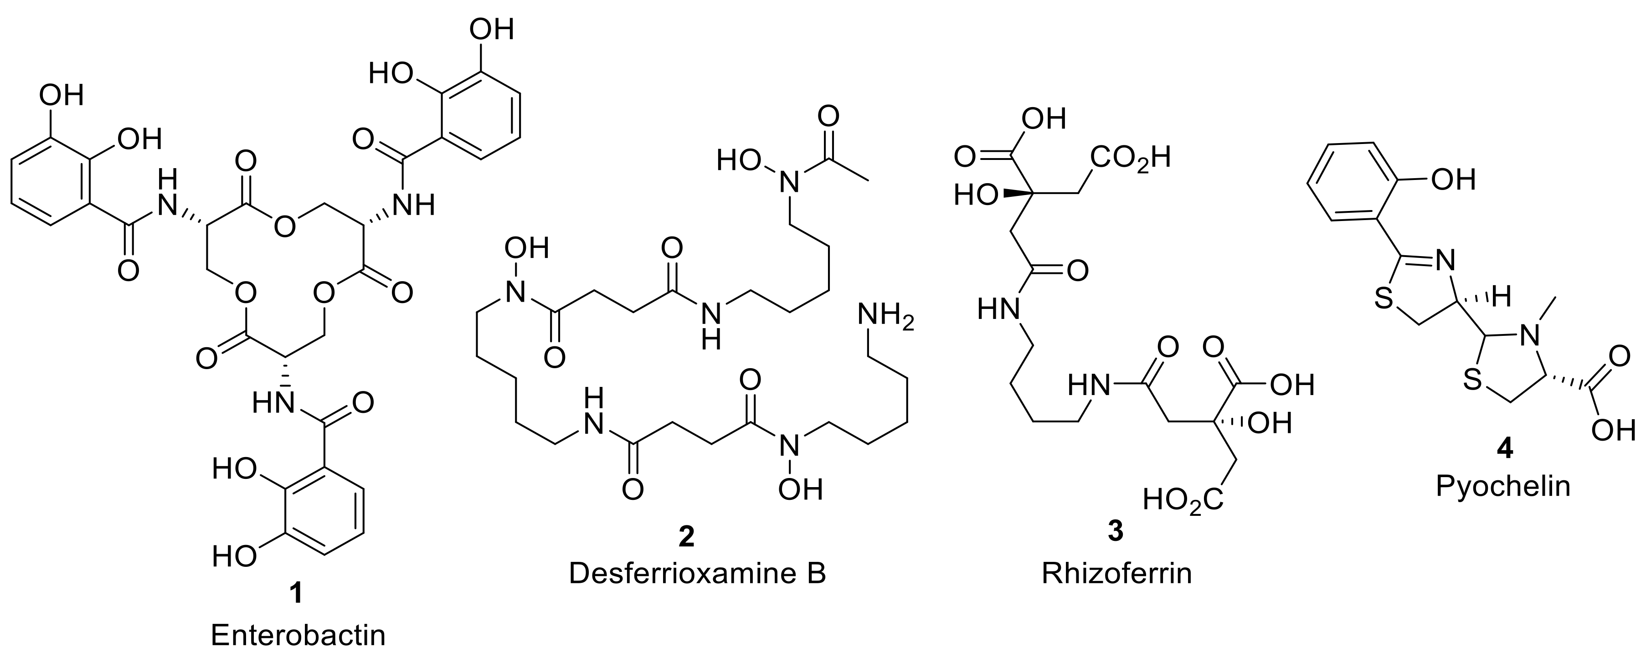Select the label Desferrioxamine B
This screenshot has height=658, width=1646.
point(697,573)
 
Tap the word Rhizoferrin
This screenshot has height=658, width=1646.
point(1116,573)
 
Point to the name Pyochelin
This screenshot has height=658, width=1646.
point(1503,486)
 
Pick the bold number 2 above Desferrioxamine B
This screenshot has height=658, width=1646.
point(686,536)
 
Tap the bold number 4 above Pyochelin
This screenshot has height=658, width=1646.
point(1503,450)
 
